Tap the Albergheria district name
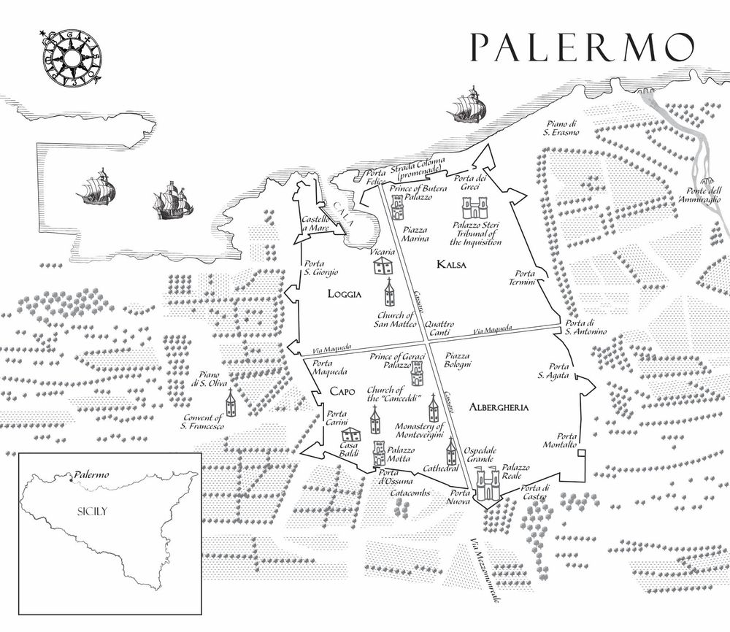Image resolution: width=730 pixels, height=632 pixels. tap(499, 407)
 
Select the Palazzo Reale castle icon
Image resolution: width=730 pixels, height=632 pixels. tap(487, 483)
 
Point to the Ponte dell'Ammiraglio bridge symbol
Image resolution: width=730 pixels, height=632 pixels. tap(706, 182)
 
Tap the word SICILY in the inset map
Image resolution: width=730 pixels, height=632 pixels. tap(92, 512)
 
